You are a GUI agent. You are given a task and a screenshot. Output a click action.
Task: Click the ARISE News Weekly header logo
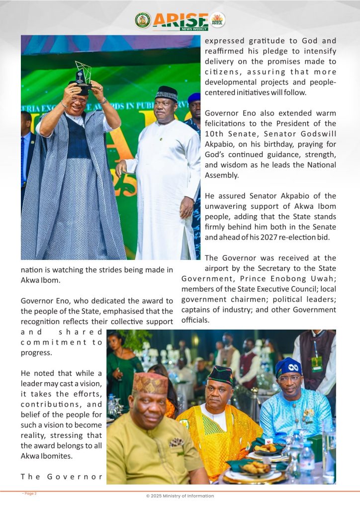tap(180, 21)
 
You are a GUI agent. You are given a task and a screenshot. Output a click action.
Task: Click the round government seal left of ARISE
tap(143, 20)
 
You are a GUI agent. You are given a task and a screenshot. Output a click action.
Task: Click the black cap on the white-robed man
tap(167, 92)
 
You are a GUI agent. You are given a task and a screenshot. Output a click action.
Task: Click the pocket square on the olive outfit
tap(177, 442)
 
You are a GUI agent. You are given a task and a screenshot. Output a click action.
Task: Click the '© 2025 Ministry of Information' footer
tap(180, 496)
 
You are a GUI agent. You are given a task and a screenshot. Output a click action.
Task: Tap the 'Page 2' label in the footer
tap(30, 494)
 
